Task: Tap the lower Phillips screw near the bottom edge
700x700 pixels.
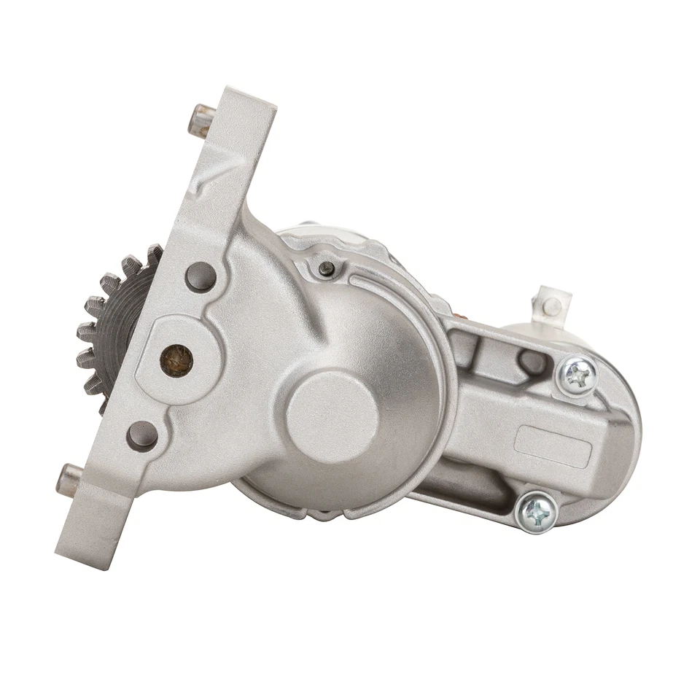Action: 538,511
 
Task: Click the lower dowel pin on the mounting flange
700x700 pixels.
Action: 71,478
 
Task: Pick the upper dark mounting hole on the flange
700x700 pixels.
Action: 201,277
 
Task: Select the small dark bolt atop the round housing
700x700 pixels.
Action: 327,269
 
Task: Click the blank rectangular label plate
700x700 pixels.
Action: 553,446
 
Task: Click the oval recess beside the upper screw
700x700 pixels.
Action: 531,360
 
